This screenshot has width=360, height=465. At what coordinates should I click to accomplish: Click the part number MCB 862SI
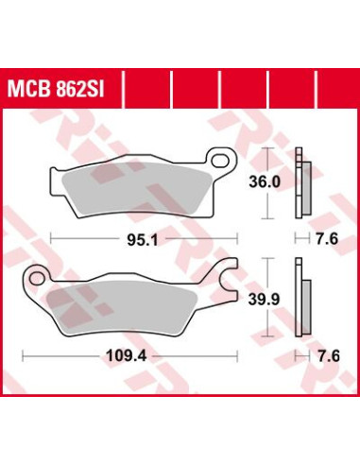tap(56, 90)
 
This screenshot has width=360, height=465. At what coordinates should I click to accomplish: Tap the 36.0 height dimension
tap(265, 182)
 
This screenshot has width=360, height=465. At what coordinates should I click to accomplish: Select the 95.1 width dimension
tap(142, 241)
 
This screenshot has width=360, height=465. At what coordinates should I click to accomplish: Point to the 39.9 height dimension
tap(264, 299)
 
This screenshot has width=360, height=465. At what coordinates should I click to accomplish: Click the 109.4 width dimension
tap(127, 356)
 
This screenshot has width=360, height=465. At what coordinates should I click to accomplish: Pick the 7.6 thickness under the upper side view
tap(327, 238)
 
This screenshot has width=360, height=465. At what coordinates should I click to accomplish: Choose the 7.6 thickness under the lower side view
tap(328, 356)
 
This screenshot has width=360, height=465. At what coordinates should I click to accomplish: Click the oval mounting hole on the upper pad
tap(220, 161)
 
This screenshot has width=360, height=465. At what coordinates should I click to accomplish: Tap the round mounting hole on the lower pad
tap(38, 278)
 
